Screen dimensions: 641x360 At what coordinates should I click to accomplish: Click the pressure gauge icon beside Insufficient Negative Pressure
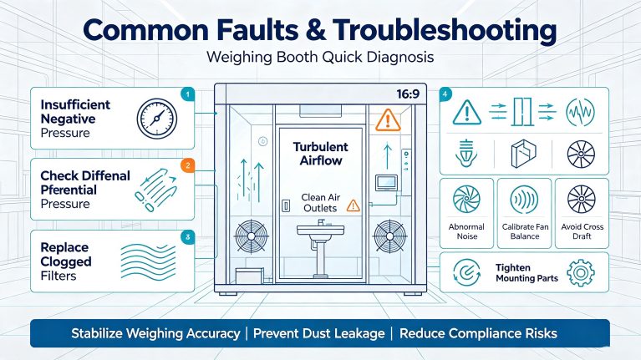(x=156, y=119)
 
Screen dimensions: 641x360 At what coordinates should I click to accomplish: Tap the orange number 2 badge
(x=188, y=165)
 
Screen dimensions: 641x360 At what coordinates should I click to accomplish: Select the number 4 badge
(x=445, y=94)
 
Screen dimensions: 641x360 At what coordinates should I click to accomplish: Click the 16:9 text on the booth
(x=408, y=94)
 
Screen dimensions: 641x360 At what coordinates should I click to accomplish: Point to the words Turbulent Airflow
(x=321, y=154)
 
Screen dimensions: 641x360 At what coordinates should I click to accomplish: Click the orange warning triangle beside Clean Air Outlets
(x=354, y=205)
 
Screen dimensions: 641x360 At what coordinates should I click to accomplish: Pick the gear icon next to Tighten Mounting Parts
(x=581, y=272)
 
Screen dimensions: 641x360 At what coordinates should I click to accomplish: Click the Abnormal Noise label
(x=466, y=231)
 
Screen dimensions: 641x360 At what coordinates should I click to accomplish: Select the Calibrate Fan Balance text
(x=525, y=231)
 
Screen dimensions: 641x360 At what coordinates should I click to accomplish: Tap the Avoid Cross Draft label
(x=582, y=231)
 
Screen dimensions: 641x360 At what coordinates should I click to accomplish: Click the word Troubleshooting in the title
(x=445, y=31)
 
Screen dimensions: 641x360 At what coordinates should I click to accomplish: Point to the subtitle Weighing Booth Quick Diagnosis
(x=320, y=57)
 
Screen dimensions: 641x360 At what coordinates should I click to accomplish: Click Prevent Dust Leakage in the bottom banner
(x=319, y=333)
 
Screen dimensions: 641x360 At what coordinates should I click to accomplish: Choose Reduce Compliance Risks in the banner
(x=478, y=333)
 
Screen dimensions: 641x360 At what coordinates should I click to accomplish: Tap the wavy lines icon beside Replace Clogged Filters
(x=149, y=261)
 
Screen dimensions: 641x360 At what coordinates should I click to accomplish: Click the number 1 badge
(x=188, y=94)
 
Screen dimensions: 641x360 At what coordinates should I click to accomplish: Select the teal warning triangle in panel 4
(x=467, y=113)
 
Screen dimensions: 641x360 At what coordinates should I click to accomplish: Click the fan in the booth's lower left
(x=252, y=236)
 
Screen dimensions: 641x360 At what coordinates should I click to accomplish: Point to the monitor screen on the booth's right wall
(x=386, y=183)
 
